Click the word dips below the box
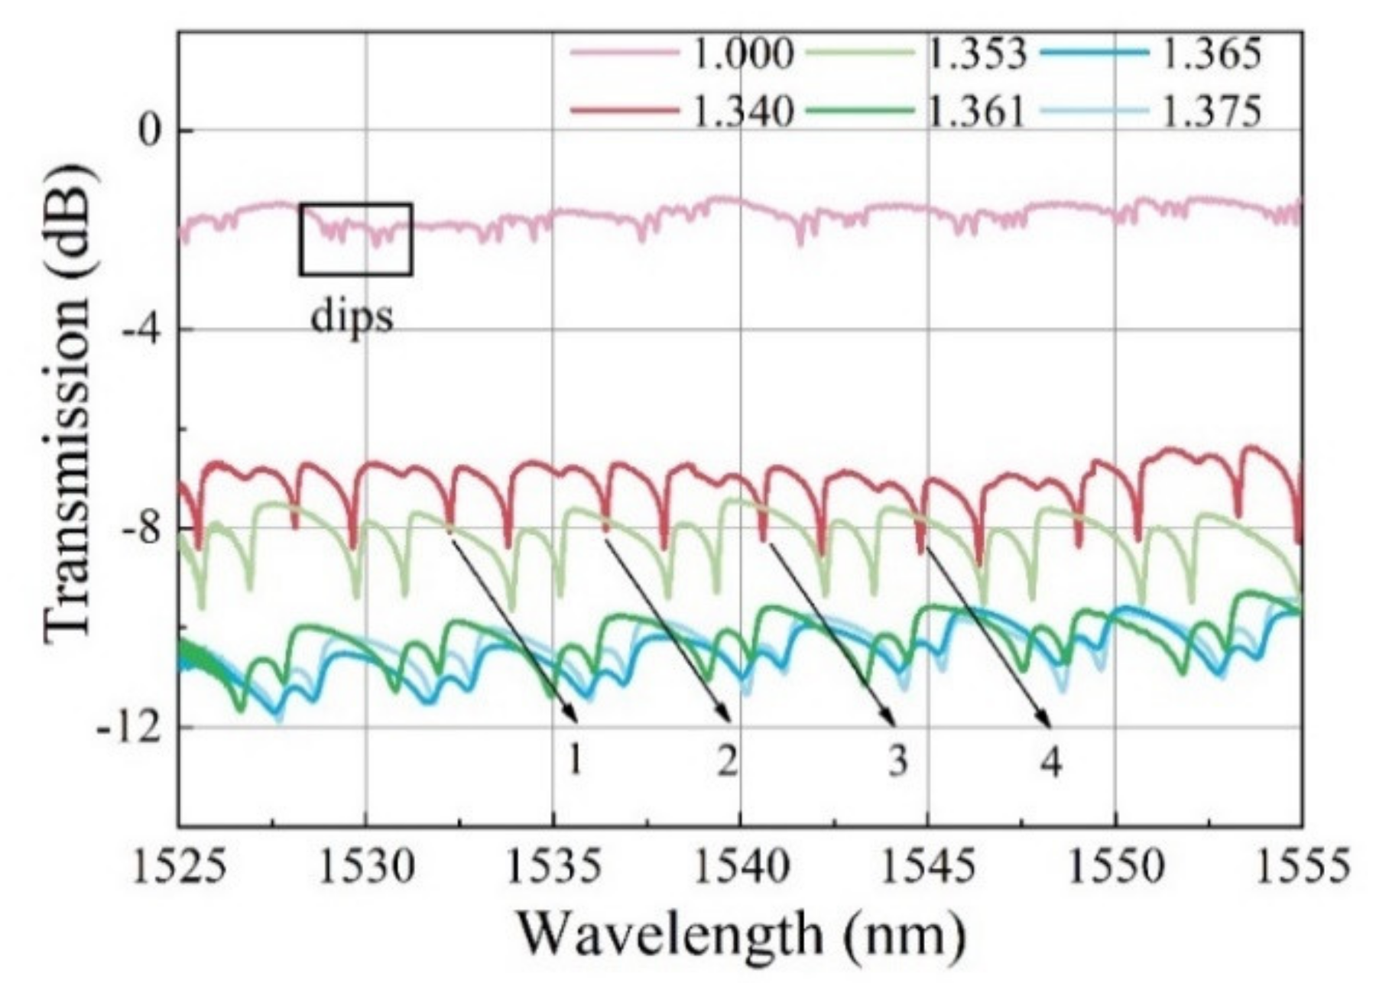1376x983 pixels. [x=352, y=316]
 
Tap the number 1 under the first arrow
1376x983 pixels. [x=574, y=760]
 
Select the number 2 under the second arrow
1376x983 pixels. [x=727, y=760]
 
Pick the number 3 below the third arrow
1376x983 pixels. [x=897, y=760]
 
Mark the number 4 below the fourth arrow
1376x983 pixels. [x=1052, y=761]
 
